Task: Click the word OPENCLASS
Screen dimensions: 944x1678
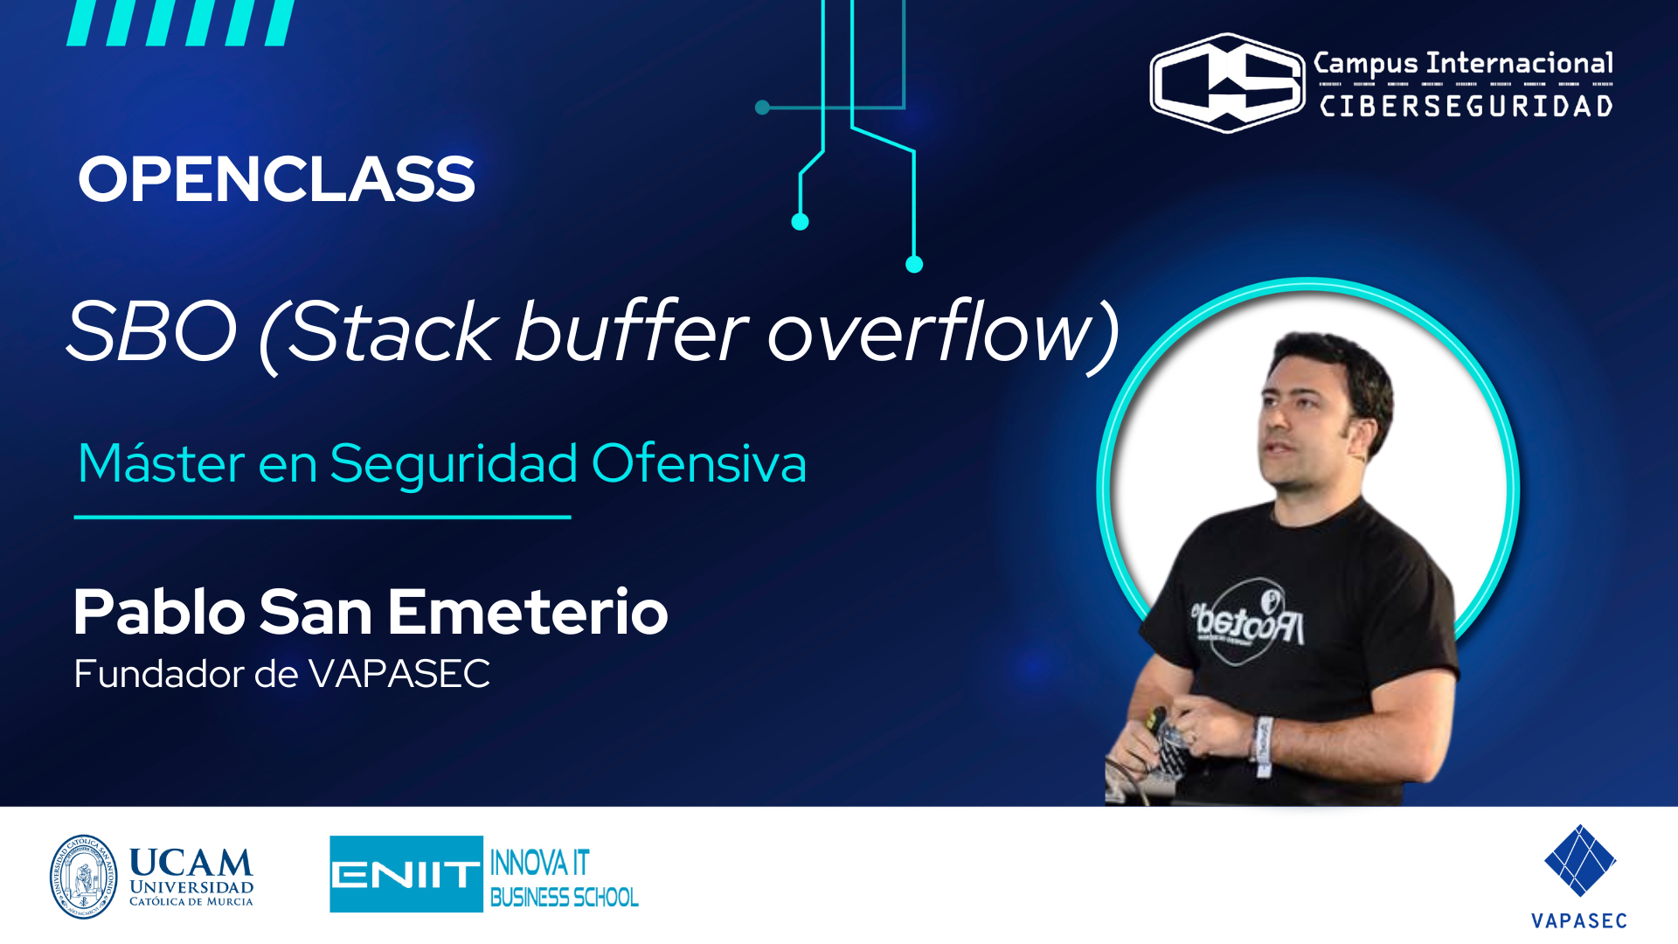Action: tap(276, 180)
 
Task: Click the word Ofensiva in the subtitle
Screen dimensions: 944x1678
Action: tap(698, 463)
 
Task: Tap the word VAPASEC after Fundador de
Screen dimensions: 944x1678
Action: tap(399, 674)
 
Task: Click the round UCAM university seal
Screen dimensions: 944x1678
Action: tap(83, 877)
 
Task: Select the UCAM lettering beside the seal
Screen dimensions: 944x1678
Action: tap(191, 863)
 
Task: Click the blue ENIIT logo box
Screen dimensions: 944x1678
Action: tap(406, 874)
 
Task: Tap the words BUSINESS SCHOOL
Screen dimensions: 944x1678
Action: tap(564, 898)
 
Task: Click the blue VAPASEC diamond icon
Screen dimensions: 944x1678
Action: tap(1579, 861)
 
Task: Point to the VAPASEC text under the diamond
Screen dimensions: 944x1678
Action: tap(1578, 920)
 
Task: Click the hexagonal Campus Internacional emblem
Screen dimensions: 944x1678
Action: tap(1227, 83)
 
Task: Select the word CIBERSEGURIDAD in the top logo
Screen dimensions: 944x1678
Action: tap(1466, 107)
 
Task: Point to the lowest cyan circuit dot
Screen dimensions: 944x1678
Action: tap(914, 264)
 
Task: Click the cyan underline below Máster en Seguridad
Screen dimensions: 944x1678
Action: tap(322, 517)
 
